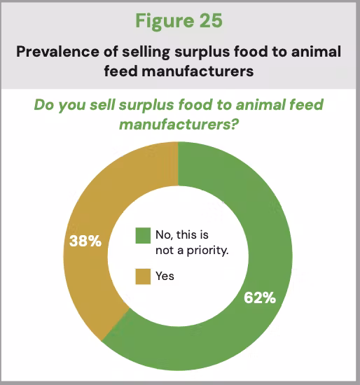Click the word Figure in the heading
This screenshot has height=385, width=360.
click(x=165, y=21)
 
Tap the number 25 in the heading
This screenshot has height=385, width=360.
click(x=211, y=20)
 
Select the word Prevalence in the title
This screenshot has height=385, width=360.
click(x=58, y=52)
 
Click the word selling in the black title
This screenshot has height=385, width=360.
click(x=146, y=52)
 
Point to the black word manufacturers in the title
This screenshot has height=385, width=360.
click(x=198, y=71)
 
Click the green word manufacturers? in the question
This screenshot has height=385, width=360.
click(x=179, y=124)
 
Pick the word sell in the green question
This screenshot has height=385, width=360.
click(x=102, y=105)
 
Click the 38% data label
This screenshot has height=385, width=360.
click(x=85, y=241)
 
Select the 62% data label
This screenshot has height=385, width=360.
click(x=260, y=297)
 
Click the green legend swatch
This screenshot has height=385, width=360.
click(x=143, y=235)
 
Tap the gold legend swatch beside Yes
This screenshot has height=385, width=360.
click(x=143, y=276)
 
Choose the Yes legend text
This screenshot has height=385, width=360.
click(x=165, y=276)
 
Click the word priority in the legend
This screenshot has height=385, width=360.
click(x=207, y=251)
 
